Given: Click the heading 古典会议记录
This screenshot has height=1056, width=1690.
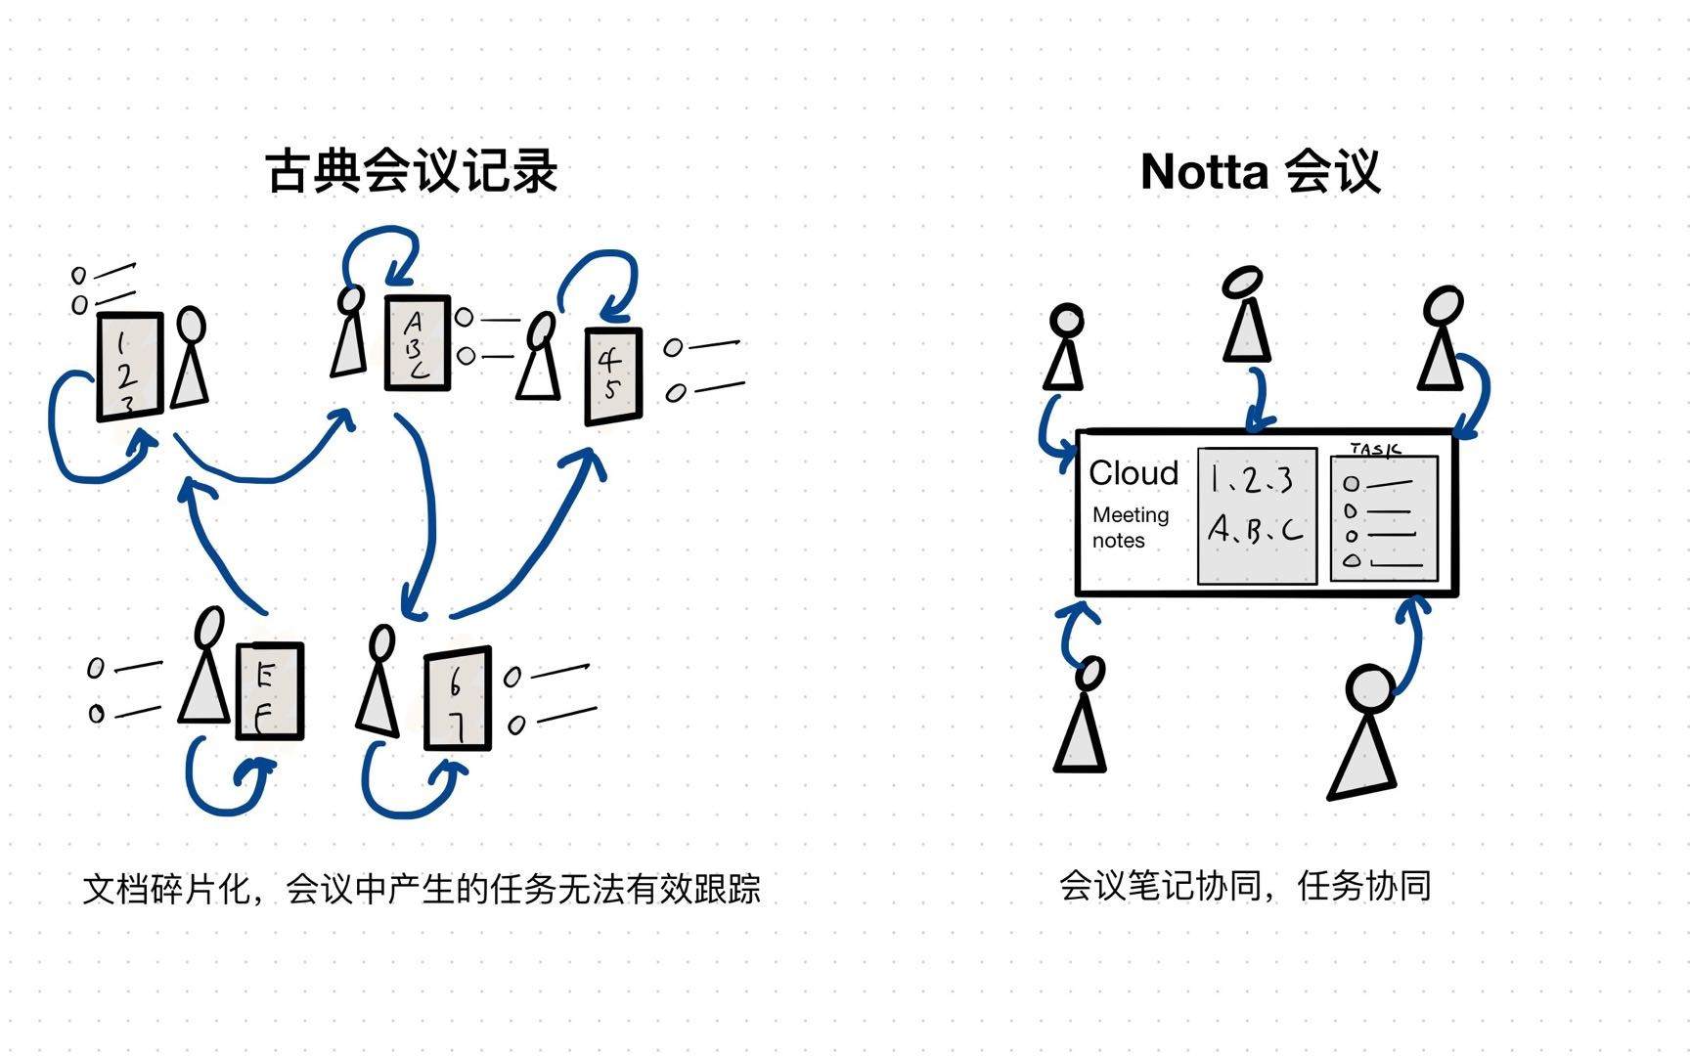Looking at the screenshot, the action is pos(412,171).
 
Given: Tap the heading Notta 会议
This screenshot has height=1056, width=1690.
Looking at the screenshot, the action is pos(1261,172).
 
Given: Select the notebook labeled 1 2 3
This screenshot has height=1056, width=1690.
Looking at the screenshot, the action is pos(130,367).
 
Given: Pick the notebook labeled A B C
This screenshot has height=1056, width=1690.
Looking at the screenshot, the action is pos(418,343).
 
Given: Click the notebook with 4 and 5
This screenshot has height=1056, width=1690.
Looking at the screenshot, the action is pos(613,376).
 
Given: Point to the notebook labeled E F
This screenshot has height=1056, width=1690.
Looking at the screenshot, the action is pos(270,690).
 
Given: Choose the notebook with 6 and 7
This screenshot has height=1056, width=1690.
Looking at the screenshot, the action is pos(458,698).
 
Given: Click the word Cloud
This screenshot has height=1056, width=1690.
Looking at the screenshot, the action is pos(1134,473).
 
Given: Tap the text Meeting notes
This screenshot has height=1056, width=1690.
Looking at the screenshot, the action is pos(1131,527).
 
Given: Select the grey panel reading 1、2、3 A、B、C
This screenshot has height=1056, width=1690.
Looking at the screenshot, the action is pos(1258,516).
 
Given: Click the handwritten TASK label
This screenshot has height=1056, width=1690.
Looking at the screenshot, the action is pos(1375,449).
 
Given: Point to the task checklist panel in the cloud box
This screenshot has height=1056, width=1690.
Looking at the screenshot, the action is pos(1385,518).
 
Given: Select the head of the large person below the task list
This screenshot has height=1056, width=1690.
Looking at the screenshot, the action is pos(1370,688).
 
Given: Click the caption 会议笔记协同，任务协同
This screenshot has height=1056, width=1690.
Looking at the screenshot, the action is pos(1245,886).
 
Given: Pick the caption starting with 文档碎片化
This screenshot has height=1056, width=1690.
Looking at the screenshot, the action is pos(422,889).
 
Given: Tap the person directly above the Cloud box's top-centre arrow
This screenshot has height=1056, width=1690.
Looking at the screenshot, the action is pos(1246,314).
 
